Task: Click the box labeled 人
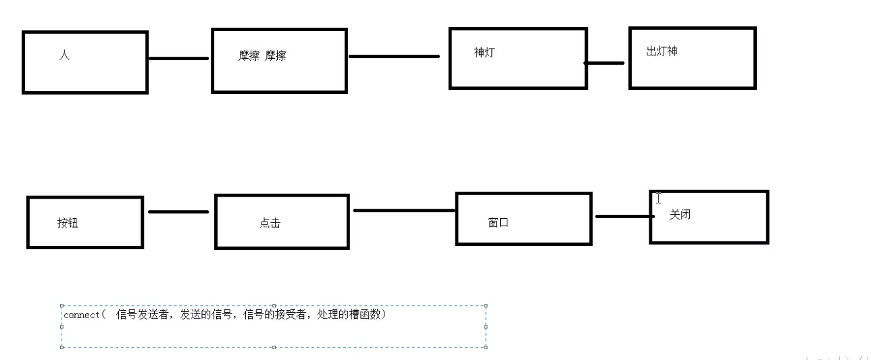point(85,62)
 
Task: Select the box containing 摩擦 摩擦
point(279,60)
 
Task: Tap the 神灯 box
point(518,58)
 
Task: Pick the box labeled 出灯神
point(692,58)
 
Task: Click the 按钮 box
point(85,222)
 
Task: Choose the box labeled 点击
point(282,222)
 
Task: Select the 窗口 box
point(524,218)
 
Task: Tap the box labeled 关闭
point(709,217)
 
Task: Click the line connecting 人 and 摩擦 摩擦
point(178,58)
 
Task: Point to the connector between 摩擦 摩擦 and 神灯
point(394,56)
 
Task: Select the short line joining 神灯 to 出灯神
point(605,63)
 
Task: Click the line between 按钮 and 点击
point(178,211)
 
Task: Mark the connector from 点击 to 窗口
point(403,210)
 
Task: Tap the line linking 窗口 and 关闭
point(623,216)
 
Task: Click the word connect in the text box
point(80,315)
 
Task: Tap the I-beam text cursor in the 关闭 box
point(657,198)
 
